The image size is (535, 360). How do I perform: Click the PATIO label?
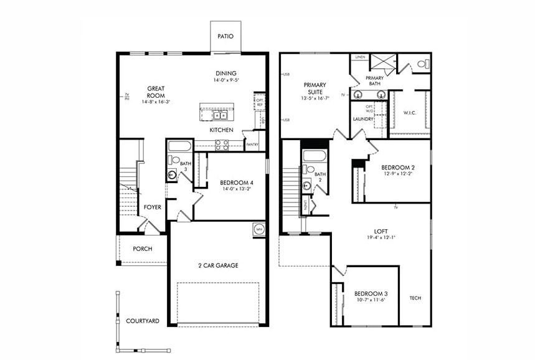pos(225,36)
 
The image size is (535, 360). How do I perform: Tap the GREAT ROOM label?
pos(155,92)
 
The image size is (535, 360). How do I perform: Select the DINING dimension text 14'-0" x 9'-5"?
pos(225,80)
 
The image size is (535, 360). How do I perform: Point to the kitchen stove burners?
pos(221,144)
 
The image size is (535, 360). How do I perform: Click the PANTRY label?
pos(252,144)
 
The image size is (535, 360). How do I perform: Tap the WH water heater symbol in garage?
pos(258,229)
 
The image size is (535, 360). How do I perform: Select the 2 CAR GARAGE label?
pos(218,265)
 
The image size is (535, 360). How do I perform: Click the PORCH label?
pos(142,249)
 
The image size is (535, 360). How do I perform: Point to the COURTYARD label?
pos(143,321)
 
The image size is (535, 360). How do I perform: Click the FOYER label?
pos(153,207)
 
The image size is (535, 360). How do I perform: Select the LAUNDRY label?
pos(362,119)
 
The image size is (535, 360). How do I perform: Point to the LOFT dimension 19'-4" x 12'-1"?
pos(381,237)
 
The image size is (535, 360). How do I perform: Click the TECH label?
pos(415,298)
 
